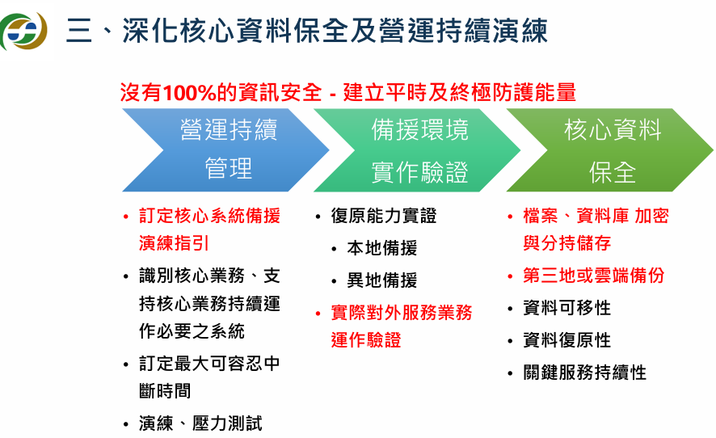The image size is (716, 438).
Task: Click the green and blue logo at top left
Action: (23, 32)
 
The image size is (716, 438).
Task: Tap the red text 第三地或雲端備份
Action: (593, 276)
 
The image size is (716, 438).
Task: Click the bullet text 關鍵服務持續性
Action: (584, 373)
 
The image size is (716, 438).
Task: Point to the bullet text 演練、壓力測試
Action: (200, 423)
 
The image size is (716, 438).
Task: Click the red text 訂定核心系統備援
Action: (209, 216)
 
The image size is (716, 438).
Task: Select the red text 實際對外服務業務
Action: (401, 313)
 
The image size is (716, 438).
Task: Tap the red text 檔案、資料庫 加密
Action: (596, 216)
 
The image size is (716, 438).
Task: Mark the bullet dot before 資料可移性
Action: (510, 309)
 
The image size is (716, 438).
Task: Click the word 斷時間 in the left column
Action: (165, 391)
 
